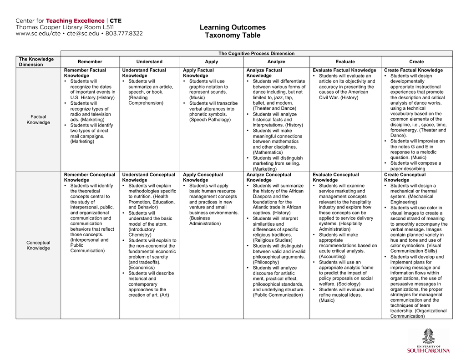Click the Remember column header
pos(90,62)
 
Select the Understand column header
pos(149,62)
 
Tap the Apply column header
pos(211,62)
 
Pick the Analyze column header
pos(276,62)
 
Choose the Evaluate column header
pos(345,62)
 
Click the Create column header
pos(416,62)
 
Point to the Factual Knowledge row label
pos(38,120)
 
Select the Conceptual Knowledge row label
pos(38,245)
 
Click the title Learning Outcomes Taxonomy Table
pos(233,31)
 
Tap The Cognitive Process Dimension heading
pos(256,54)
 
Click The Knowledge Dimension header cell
pos(36,62)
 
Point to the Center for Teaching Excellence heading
pos(68,21)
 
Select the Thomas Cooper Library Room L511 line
pos(65,27)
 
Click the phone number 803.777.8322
pos(124,34)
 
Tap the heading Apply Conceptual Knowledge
pos(203,177)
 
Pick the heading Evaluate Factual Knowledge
pos(344,71)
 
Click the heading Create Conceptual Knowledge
pos(405,177)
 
